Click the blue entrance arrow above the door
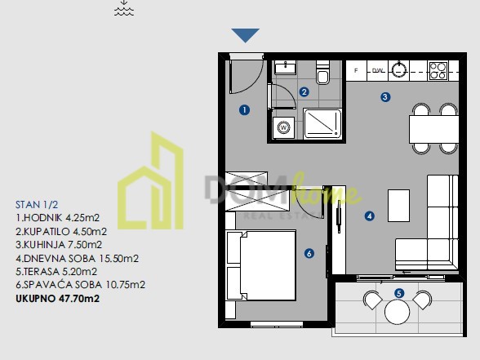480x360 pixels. (x=245, y=35)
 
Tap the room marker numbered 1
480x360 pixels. (x=244, y=110)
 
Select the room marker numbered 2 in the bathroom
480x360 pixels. (x=304, y=91)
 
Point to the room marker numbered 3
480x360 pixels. (x=385, y=97)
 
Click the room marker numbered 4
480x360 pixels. (x=370, y=216)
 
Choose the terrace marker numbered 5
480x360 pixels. (x=398, y=294)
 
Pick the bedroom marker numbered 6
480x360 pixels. (x=309, y=253)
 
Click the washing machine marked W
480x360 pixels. (x=283, y=127)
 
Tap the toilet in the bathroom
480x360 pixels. (x=322, y=72)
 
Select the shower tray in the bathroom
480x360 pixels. (x=322, y=123)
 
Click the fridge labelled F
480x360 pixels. (x=356, y=70)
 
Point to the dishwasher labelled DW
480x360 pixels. (x=378, y=71)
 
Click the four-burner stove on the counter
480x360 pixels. (x=438, y=71)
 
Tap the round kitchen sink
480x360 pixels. (x=399, y=70)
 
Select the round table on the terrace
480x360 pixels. (x=397, y=312)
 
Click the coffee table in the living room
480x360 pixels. (x=398, y=206)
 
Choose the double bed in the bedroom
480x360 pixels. (x=261, y=266)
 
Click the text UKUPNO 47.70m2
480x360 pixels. (x=57, y=299)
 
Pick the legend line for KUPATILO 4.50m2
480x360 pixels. (x=61, y=232)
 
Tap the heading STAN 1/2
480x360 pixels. (x=37, y=204)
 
